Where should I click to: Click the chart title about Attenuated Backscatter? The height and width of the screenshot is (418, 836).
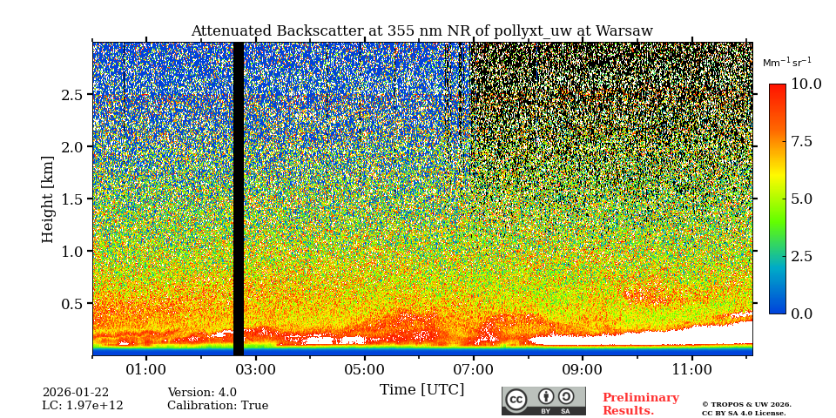tap(421, 31)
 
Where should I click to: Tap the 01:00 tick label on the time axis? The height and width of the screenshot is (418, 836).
tap(146, 370)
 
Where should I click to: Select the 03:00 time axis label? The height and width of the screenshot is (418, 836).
tap(256, 370)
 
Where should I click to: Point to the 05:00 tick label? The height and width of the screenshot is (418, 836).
tap(365, 370)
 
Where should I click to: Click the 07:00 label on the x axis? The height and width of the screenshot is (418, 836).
tap(474, 370)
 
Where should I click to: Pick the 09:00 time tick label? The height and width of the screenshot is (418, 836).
tap(583, 370)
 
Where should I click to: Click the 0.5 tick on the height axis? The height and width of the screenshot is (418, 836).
tap(72, 304)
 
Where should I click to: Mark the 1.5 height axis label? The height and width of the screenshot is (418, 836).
tap(72, 199)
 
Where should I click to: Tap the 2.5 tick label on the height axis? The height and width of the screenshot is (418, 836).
tap(72, 95)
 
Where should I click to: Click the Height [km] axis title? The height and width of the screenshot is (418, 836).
tap(48, 199)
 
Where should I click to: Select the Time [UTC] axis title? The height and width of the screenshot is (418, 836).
tap(421, 390)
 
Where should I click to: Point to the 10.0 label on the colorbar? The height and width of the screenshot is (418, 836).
tap(806, 84)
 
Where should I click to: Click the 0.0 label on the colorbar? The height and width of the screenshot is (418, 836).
tap(801, 313)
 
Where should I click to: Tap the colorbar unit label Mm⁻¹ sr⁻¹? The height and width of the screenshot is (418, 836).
tap(786, 63)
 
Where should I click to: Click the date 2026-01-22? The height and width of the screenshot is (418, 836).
tap(75, 393)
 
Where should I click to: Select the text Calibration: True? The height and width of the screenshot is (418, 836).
tap(218, 406)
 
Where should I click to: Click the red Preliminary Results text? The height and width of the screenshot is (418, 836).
tap(640, 404)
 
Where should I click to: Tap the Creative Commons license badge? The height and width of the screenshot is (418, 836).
tap(543, 401)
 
